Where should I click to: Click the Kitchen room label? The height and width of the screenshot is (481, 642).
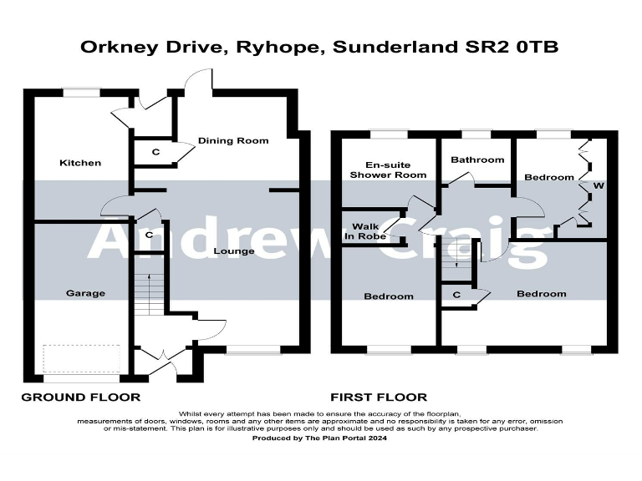pyautogui.click(x=80, y=163)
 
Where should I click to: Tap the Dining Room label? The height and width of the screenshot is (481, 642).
pyautogui.click(x=233, y=140)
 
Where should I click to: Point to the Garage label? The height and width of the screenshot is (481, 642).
pyautogui.click(x=86, y=293)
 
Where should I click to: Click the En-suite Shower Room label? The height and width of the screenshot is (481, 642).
pyautogui.click(x=388, y=170)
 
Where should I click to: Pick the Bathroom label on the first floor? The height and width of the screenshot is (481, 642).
pyautogui.click(x=477, y=159)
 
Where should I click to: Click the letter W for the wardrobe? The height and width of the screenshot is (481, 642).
pyautogui.click(x=597, y=185)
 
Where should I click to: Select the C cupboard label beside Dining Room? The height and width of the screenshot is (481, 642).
pyautogui.click(x=155, y=153)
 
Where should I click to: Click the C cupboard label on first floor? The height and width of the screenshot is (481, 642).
pyautogui.click(x=456, y=295)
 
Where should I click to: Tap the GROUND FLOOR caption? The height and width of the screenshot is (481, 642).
pyautogui.click(x=80, y=397)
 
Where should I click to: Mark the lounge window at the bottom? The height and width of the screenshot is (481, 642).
pyautogui.click(x=250, y=351)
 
